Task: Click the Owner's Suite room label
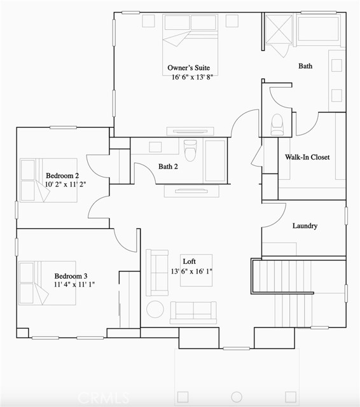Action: click(x=188, y=68)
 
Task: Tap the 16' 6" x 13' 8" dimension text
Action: click(x=188, y=78)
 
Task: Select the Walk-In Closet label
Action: click(x=307, y=157)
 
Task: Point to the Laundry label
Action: click(x=305, y=226)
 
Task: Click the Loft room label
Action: click(x=189, y=261)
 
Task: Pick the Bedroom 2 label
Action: click(x=62, y=176)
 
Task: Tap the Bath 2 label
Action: click(x=168, y=167)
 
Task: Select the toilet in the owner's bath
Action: click(x=277, y=123)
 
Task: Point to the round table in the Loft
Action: click(x=155, y=309)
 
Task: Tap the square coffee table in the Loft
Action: click(x=195, y=270)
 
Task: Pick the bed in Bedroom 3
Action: click(x=47, y=282)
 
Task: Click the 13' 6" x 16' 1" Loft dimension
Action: click(x=190, y=272)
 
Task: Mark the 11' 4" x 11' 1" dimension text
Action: click(x=75, y=286)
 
